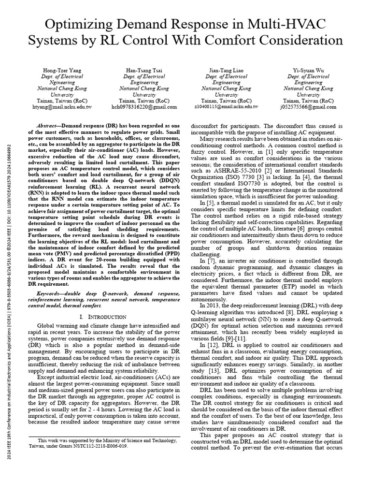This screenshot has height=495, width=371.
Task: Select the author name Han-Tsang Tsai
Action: tap(144, 71)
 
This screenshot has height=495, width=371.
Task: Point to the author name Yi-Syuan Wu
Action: tap(308, 71)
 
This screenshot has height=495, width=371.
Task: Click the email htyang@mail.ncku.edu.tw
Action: tap(62, 106)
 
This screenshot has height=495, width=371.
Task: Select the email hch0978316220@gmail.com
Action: tap(144, 106)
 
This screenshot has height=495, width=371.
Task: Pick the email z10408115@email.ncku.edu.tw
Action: tap(226, 106)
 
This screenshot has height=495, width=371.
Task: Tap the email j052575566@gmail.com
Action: tap(308, 106)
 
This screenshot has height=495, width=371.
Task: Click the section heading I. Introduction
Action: tap(102, 317)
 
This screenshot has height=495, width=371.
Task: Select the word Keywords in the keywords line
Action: tap(50, 294)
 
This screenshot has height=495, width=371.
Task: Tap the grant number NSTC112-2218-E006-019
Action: tap(105, 446)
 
